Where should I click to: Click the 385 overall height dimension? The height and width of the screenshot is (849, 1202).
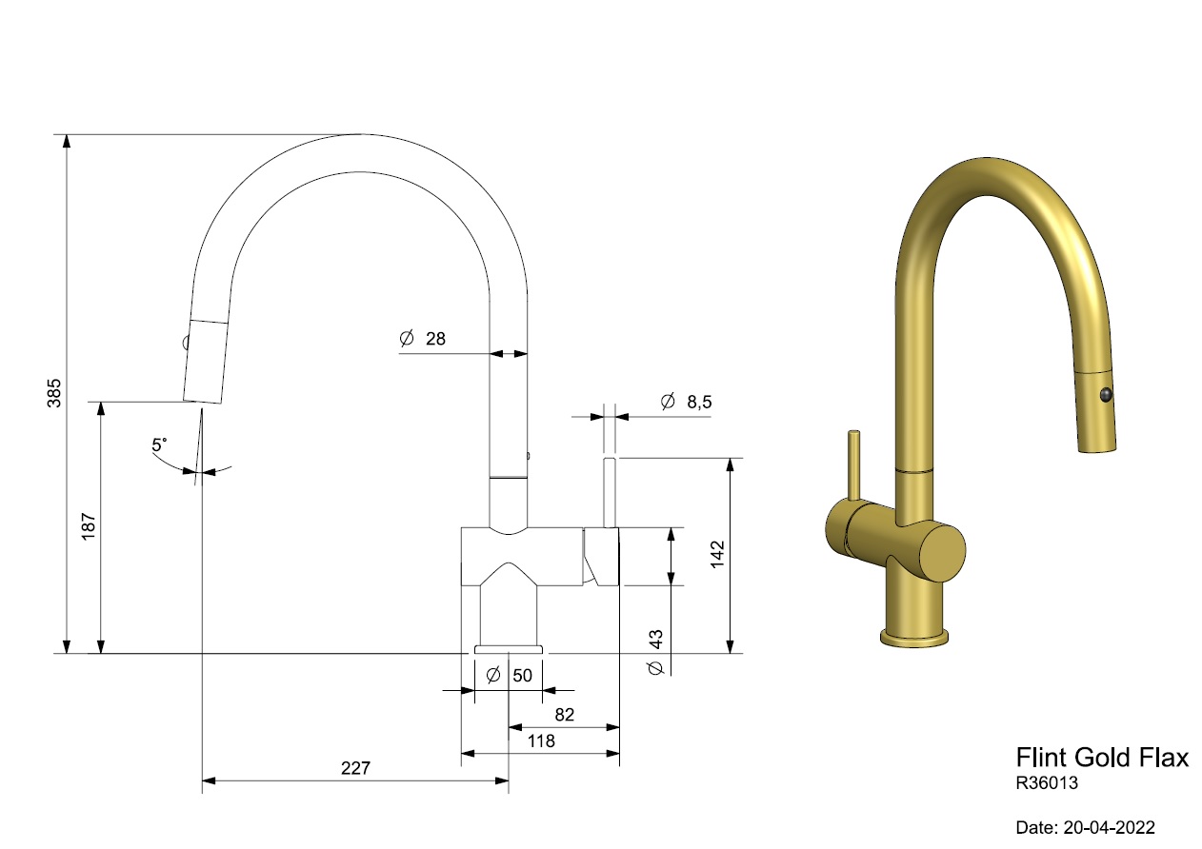click(x=54, y=393)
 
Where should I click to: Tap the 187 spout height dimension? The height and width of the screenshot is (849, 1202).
click(x=90, y=526)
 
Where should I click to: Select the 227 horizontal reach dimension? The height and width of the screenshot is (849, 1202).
click(x=355, y=768)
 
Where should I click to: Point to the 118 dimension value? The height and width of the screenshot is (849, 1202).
click(x=540, y=740)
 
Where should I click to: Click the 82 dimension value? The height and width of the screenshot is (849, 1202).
click(x=565, y=715)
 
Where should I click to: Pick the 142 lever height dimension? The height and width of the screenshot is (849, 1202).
click(x=717, y=554)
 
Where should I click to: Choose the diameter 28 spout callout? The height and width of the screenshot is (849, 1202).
click(x=423, y=339)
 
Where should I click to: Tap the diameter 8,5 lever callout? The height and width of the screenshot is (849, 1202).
click(x=687, y=401)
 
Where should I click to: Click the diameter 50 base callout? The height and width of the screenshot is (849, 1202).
click(x=509, y=675)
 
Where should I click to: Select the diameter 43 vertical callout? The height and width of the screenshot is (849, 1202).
click(x=655, y=652)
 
